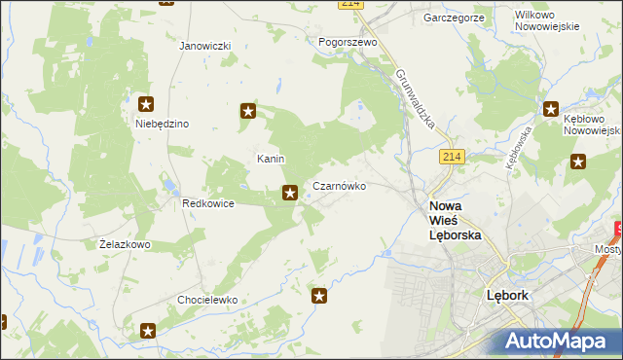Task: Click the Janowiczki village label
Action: pos(204,46)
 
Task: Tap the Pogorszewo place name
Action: pos(348,43)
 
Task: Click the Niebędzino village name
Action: pos(162,124)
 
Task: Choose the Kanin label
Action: pos(270,158)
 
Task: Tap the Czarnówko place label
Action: pos(339,185)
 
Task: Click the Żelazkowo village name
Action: pos(125,244)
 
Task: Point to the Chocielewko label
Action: pos(207,301)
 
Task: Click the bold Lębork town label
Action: pos(506,295)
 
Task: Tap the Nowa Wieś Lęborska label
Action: pos(456,221)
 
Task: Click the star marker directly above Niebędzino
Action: pos(146,104)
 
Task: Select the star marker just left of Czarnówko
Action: pos(289,194)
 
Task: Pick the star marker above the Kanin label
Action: pos(248,112)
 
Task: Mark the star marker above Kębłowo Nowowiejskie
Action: pos(551,111)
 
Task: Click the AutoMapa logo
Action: pos(556,341)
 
